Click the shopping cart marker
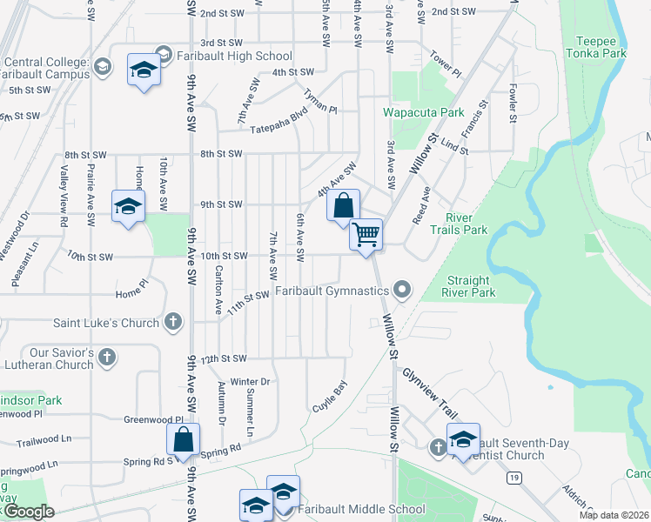[x=366, y=233]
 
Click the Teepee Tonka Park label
[x=601, y=47]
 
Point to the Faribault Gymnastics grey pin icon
[x=401, y=289]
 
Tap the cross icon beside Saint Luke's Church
[x=173, y=323]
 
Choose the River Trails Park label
[x=466, y=224]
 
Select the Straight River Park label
[x=483, y=286]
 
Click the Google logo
[x=28, y=512]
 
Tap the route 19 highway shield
[x=516, y=478]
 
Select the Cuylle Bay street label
[x=330, y=396]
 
